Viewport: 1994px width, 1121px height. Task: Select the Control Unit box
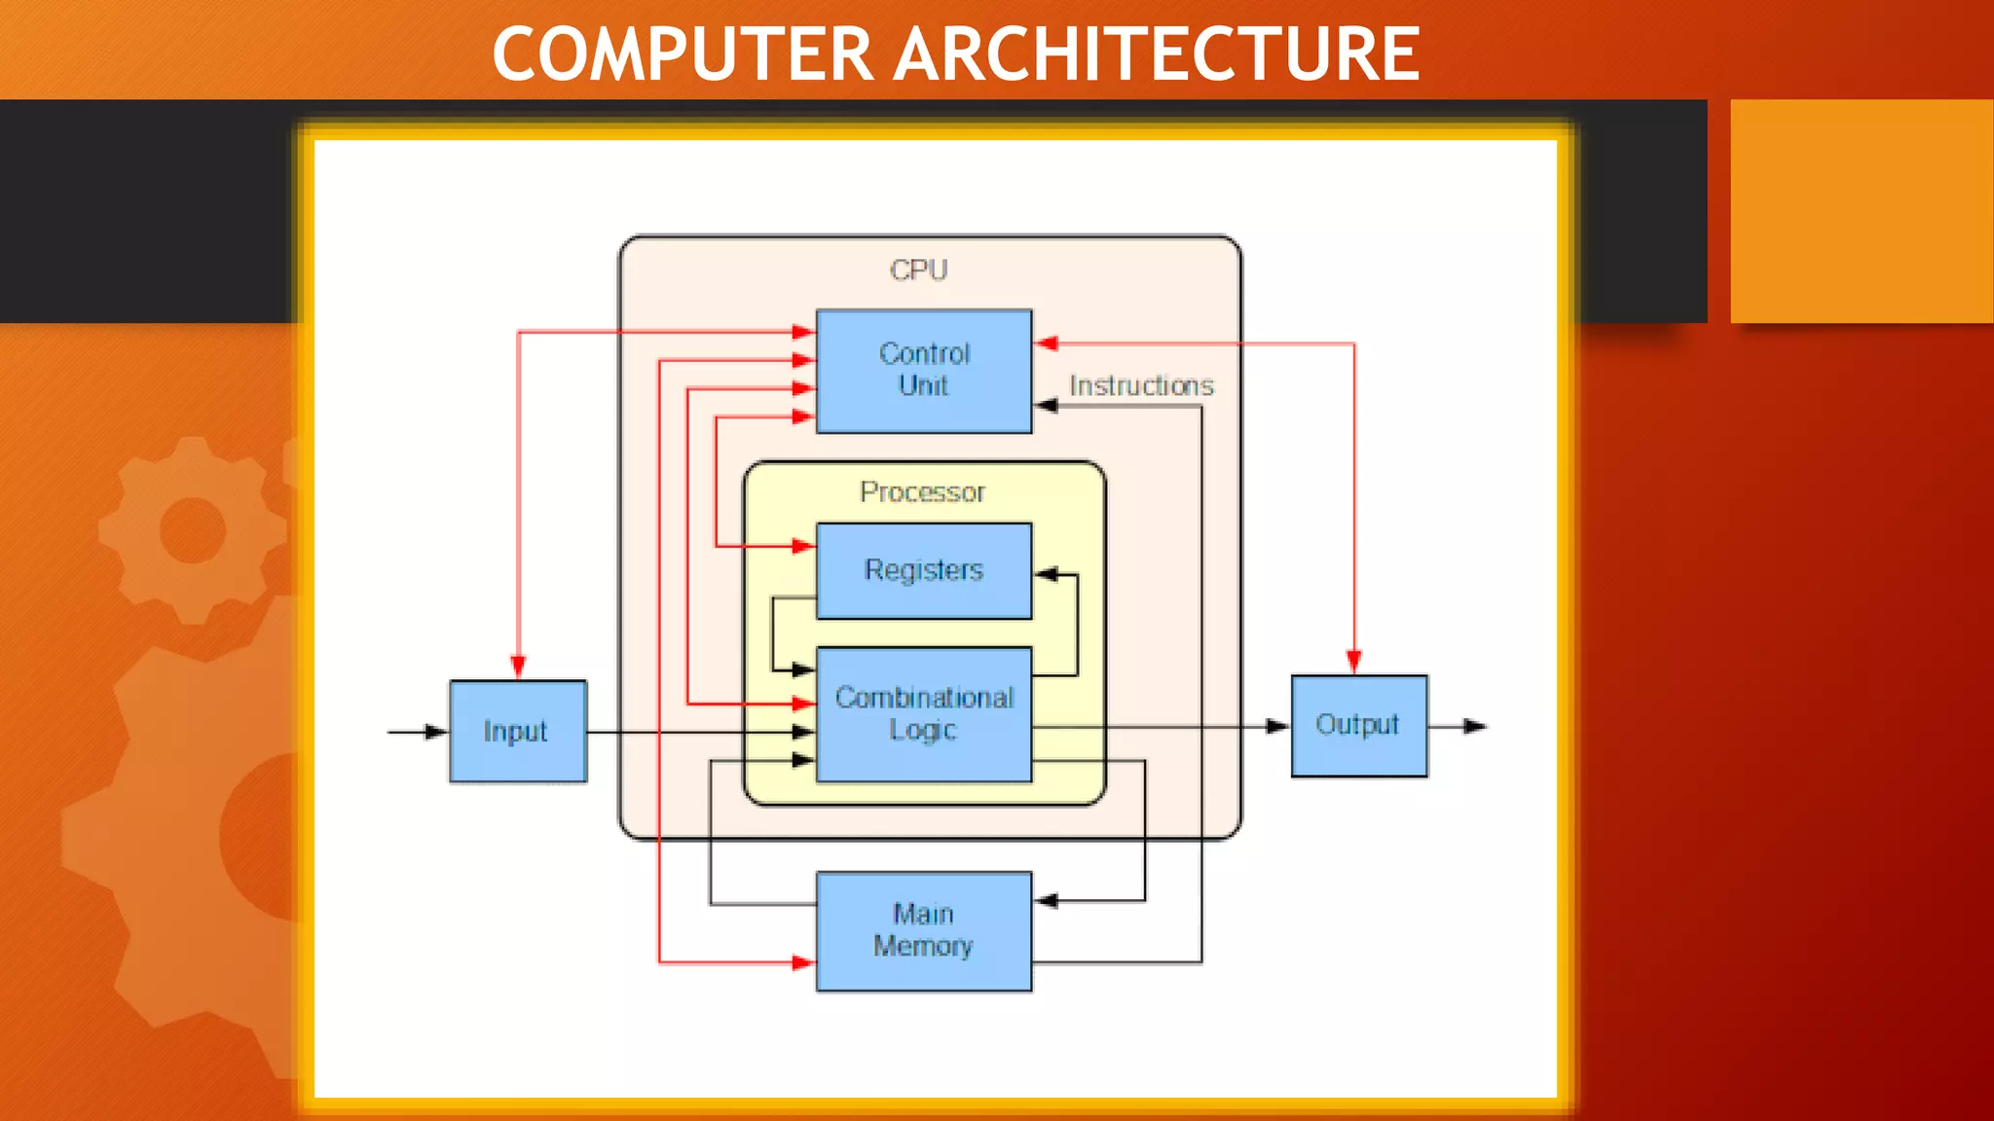coord(923,371)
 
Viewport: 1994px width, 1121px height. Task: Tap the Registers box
coord(923,570)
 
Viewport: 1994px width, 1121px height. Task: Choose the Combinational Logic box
coord(923,714)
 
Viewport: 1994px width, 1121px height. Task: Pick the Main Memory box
coord(923,930)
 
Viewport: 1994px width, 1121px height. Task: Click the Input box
coord(517,731)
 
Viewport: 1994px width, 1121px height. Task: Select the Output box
coord(1358,725)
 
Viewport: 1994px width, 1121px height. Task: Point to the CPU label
coord(918,270)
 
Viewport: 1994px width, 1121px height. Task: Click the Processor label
coord(922,492)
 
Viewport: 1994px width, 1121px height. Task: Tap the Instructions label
coord(1141,386)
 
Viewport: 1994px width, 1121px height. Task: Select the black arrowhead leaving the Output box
coord(1475,726)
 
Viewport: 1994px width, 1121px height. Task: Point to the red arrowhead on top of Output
coord(1353,663)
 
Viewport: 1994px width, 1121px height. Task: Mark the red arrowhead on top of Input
coord(518,667)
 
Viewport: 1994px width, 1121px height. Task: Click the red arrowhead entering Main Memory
coord(803,963)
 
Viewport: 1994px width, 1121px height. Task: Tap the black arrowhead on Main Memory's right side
coord(1046,901)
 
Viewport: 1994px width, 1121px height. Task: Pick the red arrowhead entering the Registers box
coord(803,546)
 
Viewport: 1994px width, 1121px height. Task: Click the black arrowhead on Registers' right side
coord(1046,574)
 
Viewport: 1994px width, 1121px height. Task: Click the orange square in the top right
coord(1862,210)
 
